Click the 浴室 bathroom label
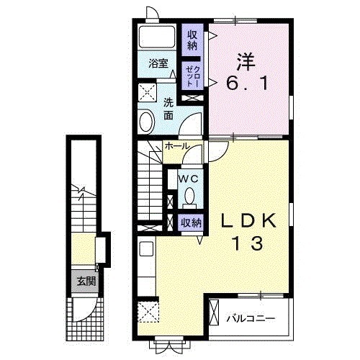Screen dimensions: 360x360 (158, 64)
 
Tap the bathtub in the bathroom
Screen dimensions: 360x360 (157, 37)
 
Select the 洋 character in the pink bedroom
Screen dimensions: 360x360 (246, 61)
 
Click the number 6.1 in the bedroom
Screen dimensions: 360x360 (246, 84)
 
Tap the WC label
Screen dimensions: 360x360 (188, 179)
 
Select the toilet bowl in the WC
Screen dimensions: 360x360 (189, 197)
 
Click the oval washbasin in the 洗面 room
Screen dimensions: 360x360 (147, 121)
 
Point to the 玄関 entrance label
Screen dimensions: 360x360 (86, 281)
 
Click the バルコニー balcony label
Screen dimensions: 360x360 (251, 319)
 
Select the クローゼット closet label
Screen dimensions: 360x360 (192, 76)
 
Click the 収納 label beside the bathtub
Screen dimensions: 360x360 (192, 40)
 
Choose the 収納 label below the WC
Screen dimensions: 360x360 (191, 223)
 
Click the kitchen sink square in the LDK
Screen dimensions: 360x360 (146, 248)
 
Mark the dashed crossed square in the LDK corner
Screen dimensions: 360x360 (148, 312)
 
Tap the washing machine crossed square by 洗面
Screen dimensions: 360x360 (148, 92)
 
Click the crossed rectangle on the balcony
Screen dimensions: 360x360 (214, 312)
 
